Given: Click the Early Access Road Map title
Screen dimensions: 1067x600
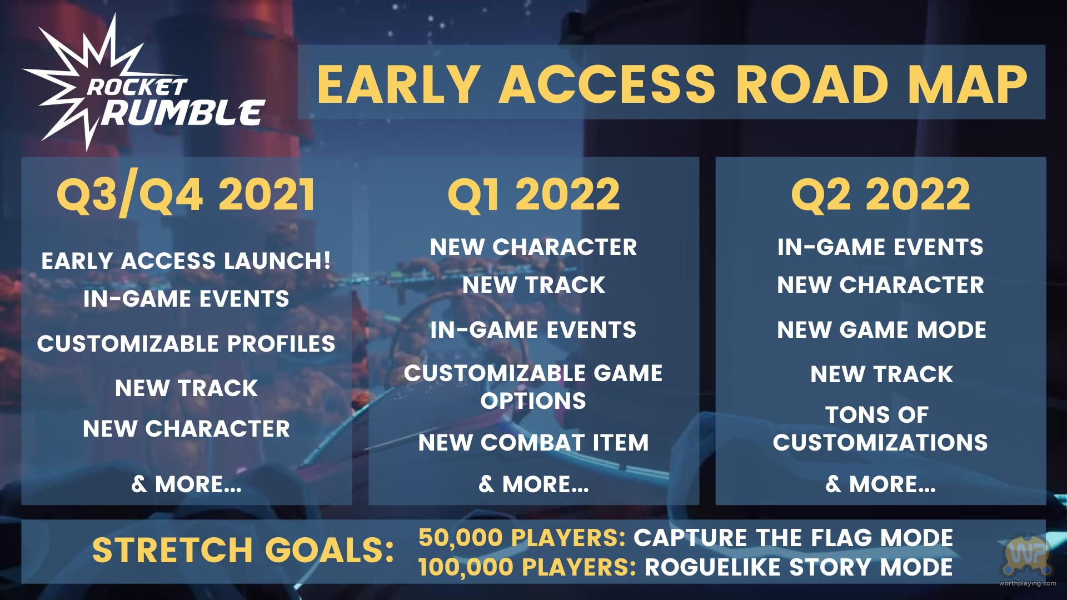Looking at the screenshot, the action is coord(672,84).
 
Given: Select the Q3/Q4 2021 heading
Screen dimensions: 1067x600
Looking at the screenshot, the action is coord(186,195).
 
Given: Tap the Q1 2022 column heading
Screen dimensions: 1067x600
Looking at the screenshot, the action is coord(533,194).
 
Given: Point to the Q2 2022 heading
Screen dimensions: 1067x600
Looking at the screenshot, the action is coord(880,194).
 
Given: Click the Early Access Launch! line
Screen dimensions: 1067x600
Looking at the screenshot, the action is coord(186,261).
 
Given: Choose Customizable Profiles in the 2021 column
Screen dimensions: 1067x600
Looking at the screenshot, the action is coord(186,343).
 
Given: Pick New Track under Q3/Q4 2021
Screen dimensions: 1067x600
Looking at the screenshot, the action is coord(186,388).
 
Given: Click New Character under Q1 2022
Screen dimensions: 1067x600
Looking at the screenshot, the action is coord(533,247).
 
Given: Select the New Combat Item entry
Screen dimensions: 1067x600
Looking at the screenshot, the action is coord(533,443).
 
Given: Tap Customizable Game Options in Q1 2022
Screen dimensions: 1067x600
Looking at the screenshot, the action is coord(533,387).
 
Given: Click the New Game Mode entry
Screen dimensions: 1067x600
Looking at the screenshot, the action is coord(881,330).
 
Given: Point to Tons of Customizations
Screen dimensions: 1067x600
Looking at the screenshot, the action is coord(880,428).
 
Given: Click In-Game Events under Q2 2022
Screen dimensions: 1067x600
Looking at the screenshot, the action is coord(880,247).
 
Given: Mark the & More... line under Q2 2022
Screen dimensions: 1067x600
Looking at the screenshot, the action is coord(880,484).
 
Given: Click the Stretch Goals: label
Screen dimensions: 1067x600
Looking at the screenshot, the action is coord(243,550).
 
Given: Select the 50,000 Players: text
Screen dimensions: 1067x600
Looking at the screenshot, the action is coord(522,538).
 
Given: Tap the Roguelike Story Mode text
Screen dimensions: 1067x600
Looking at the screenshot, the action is coord(799,567).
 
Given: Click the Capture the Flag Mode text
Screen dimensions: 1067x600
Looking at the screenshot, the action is coord(794,538).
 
